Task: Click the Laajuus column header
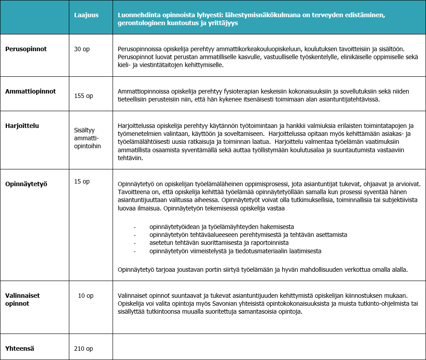86,15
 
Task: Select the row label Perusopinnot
26,49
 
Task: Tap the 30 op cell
82,49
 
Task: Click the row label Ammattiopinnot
30,91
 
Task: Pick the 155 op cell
83,96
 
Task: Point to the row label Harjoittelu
22,126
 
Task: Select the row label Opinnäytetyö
26,183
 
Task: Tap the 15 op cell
82,181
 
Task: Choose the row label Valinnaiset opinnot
23,300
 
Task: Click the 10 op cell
86,296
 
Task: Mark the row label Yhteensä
20,349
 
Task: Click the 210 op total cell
83,349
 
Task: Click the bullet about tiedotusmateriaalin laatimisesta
235,251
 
